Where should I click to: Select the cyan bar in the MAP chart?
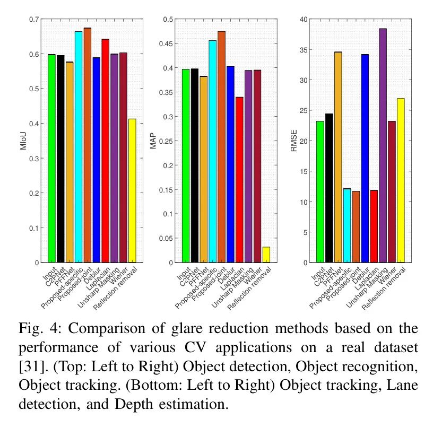[x=212, y=151]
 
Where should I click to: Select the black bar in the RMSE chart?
[x=329, y=188]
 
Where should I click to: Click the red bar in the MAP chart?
[x=239, y=180]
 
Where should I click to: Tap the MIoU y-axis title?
[x=24, y=141]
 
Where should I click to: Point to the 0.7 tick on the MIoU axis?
[x=34, y=20]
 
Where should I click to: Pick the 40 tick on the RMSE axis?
[x=304, y=20]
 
